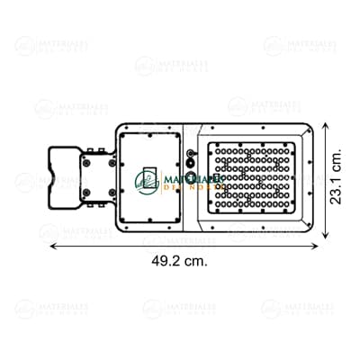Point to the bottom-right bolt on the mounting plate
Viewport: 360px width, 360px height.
click(109, 191)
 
